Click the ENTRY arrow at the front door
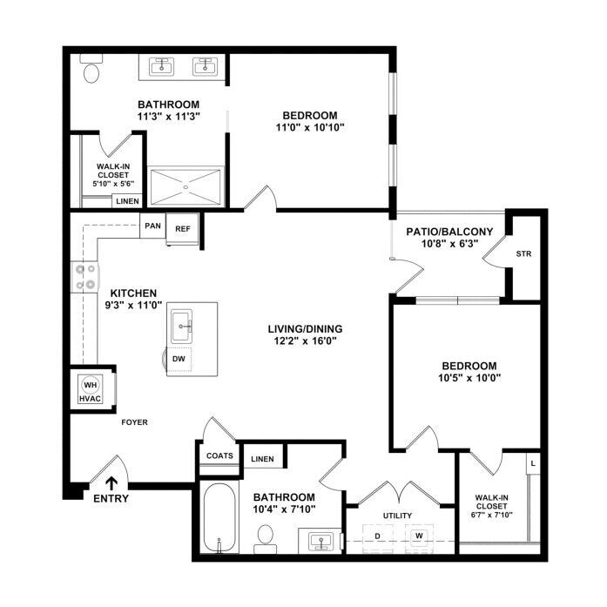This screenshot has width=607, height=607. click(111, 483)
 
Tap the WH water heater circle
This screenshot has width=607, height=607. click(91, 385)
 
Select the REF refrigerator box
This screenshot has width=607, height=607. click(182, 229)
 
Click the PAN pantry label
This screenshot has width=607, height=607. click(152, 226)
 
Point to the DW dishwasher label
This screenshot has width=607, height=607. click(179, 359)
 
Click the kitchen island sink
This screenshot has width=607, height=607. click(181, 326)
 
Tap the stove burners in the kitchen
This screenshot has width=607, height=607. click(85, 277)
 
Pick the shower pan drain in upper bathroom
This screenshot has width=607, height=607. click(185, 187)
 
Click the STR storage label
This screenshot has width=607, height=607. click(523, 254)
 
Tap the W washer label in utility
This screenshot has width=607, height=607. click(419, 536)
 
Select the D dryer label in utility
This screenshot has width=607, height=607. click(377, 536)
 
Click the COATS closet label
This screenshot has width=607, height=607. click(219, 455)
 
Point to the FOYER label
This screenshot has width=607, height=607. click(134, 422)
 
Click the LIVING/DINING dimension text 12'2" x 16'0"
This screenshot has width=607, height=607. click(305, 341)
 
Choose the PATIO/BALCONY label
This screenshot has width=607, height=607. click(449, 232)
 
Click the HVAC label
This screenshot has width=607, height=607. click(91, 398)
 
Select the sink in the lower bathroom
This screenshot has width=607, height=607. click(320, 542)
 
